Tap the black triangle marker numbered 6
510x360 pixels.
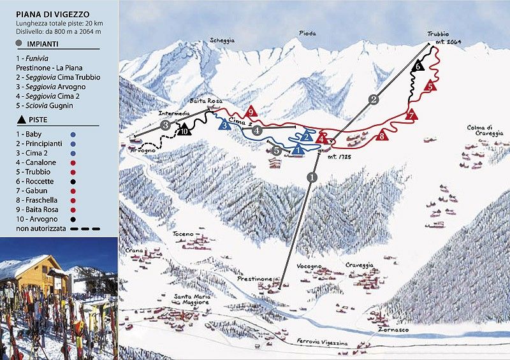(x=418, y=65)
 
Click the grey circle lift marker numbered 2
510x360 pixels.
(x=374, y=99)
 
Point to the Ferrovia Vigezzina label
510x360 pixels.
(x=323, y=343)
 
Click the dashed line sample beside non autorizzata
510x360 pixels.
(x=85, y=227)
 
